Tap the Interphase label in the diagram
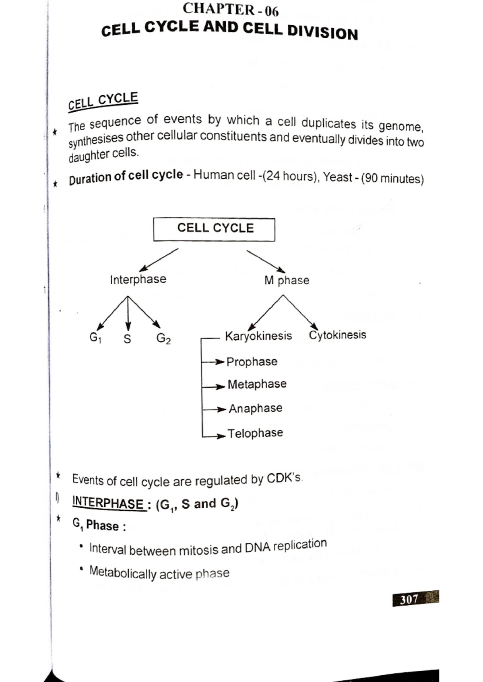pos(138,279)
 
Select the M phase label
pos(287,280)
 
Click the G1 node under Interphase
pos(95,338)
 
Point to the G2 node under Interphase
pos(163,339)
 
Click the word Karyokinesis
pos(258,336)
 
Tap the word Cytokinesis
pos(337,335)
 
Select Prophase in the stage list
pos(252,362)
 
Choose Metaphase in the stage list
pos(257,384)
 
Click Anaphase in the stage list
pos(256,409)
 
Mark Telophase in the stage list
pos(255,433)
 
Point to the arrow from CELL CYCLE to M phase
pos(266,261)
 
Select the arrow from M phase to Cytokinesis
pos(300,312)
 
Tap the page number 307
pos(409,600)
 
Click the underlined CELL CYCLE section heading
pos(103,101)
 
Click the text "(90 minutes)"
pos(392,178)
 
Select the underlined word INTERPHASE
pos(108,503)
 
